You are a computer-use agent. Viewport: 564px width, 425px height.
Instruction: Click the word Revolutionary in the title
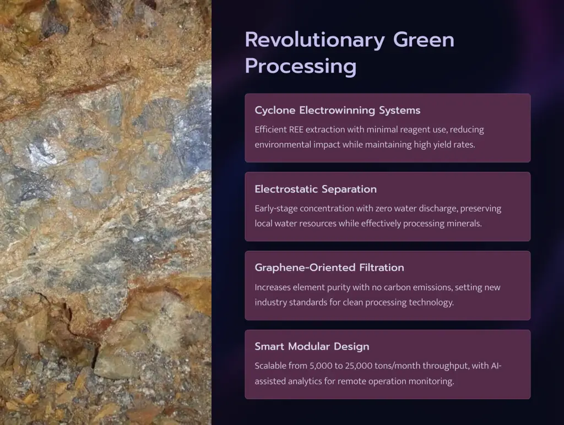click(314, 40)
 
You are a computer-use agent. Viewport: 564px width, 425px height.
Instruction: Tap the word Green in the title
click(424, 40)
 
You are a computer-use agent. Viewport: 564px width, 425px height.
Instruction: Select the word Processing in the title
click(301, 67)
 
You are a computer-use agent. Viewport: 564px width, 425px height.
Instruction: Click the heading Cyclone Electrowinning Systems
click(338, 110)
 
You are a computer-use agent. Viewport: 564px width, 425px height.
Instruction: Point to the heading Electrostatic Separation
click(316, 189)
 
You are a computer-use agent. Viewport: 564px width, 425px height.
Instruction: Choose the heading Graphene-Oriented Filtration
click(329, 268)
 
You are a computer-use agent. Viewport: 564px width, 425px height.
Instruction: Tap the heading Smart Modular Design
click(312, 346)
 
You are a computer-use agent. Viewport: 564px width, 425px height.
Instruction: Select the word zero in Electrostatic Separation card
click(384, 209)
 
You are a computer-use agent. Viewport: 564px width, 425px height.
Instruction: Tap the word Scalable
click(269, 366)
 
